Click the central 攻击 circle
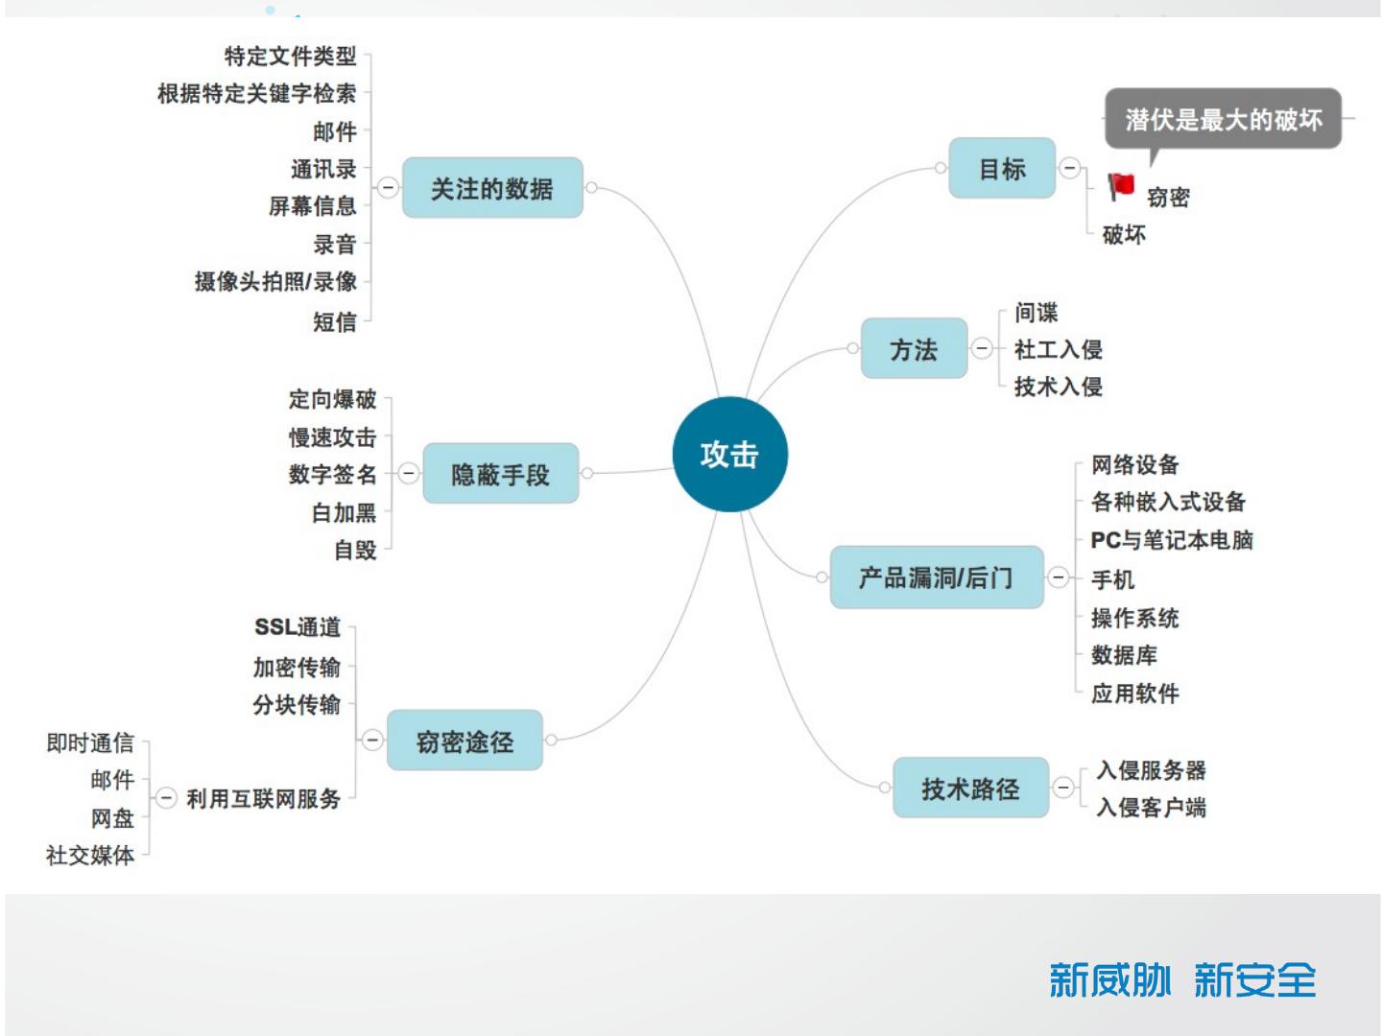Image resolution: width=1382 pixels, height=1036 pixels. pyautogui.click(x=729, y=454)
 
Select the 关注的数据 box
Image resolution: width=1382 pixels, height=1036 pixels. pyautogui.click(x=491, y=188)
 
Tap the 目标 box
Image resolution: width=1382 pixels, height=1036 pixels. pyautogui.click(x=1001, y=169)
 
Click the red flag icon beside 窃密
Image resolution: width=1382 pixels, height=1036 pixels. pyautogui.click(x=1120, y=186)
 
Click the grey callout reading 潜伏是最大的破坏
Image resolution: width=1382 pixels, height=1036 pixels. pyautogui.click(x=1223, y=120)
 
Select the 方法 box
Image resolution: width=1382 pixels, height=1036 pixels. pyautogui.click(x=913, y=349)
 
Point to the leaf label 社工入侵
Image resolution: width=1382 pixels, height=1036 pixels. pyautogui.click(x=1058, y=349)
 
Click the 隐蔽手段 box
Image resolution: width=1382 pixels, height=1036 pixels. pyautogui.click(x=500, y=474)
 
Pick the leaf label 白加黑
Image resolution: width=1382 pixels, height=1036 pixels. pyautogui.click(x=344, y=513)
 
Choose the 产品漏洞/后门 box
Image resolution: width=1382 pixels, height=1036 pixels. pyautogui.click(x=936, y=577)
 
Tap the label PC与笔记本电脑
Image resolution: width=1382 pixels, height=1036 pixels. pyautogui.click(x=1171, y=540)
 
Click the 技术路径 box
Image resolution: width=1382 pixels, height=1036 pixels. pyautogui.click(x=969, y=789)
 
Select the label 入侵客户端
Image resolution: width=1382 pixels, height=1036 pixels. pyautogui.click(x=1151, y=808)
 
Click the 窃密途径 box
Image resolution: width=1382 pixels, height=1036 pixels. pyautogui.click(x=465, y=741)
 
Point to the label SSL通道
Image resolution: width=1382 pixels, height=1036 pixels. pyautogui.click(x=298, y=627)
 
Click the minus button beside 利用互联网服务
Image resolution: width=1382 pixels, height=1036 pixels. pyautogui.click(x=166, y=798)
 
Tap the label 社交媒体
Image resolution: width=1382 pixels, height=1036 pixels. pyautogui.click(x=90, y=855)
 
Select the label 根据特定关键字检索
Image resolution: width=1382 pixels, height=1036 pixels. pyautogui.click(x=256, y=94)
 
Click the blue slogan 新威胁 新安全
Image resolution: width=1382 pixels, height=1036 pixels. pyautogui.click(x=1181, y=980)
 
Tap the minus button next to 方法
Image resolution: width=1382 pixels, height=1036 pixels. pyautogui.click(x=982, y=348)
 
